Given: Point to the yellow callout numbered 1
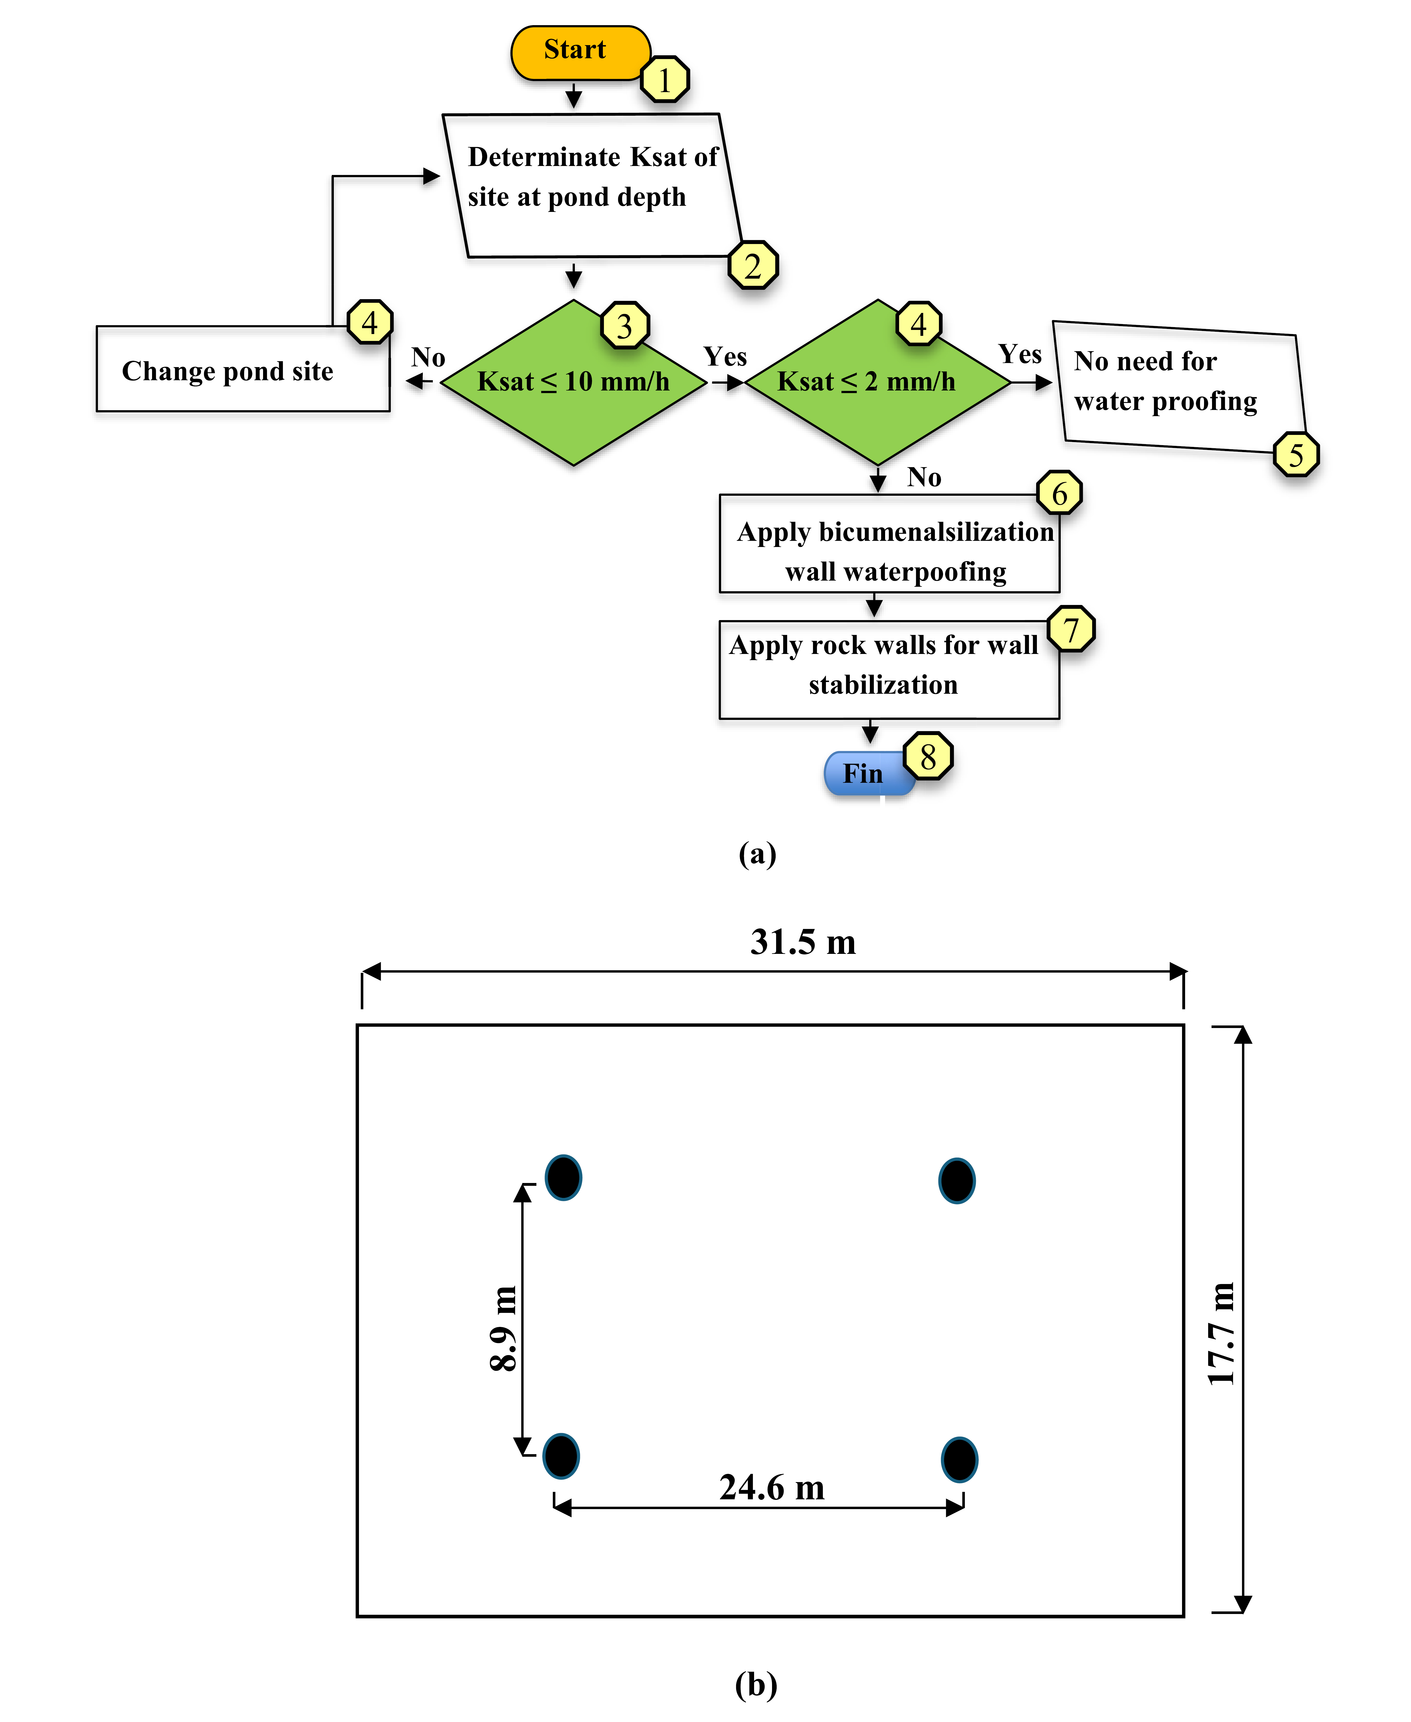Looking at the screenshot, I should point(665,80).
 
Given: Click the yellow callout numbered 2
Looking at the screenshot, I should point(753,265).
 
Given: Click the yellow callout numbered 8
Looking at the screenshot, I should point(927,756).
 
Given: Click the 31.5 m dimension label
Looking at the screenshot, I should point(803,942).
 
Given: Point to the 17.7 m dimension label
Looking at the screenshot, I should point(1221,1333).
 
